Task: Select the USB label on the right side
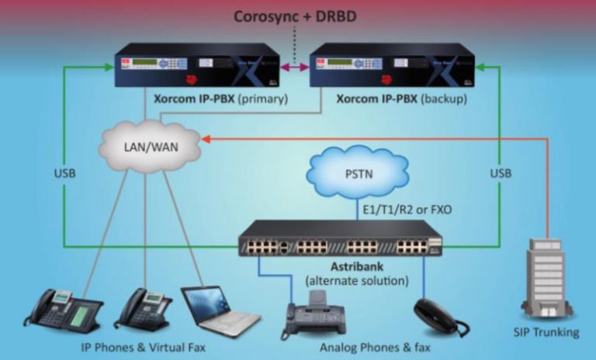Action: pyautogui.click(x=501, y=173)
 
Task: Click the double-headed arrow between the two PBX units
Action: pyautogui.click(x=296, y=68)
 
